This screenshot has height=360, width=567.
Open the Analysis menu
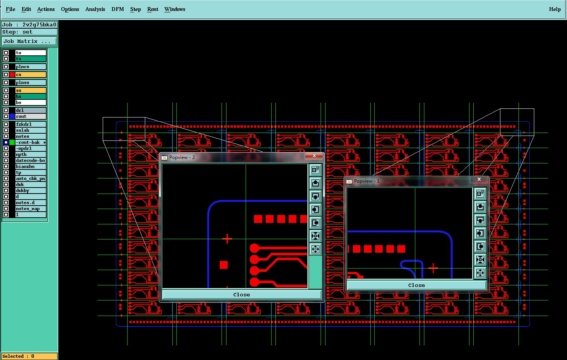click(95, 9)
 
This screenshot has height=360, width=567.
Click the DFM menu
click(118, 9)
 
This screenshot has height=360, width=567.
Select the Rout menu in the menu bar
click(153, 9)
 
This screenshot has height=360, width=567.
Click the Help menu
click(555, 9)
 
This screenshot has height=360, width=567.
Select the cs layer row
click(30, 75)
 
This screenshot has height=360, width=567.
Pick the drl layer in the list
click(30, 110)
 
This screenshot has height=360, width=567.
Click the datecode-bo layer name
click(30, 160)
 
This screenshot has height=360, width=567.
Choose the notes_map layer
click(30, 209)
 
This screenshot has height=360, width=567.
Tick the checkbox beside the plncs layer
click(6, 67)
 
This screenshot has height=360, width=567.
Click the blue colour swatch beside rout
click(12, 116)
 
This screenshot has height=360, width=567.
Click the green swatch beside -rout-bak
click(12, 142)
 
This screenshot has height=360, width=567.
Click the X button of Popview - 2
click(314, 156)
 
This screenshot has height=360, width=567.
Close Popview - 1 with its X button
click(479, 179)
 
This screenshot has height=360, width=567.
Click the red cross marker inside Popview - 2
click(227, 239)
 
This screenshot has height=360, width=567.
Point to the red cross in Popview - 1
click(433, 268)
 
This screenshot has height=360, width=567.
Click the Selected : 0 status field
click(29, 356)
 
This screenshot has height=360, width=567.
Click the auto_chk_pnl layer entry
click(30, 178)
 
